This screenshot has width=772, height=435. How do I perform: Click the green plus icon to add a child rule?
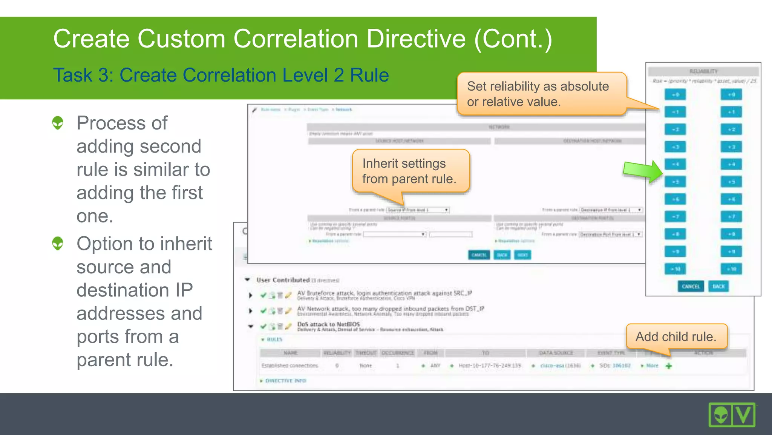(x=669, y=366)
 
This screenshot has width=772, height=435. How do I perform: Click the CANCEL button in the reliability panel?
(x=690, y=287)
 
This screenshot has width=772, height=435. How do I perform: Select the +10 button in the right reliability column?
(x=731, y=269)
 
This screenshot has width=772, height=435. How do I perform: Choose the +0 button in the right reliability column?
(x=731, y=95)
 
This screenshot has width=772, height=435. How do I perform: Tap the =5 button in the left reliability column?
(x=675, y=182)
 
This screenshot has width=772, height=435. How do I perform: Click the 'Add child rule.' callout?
(x=676, y=336)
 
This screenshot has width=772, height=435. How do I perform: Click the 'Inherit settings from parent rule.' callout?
(x=410, y=171)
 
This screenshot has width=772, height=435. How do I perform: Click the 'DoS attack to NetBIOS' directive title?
(x=328, y=324)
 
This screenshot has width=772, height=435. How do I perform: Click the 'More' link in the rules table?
(x=652, y=366)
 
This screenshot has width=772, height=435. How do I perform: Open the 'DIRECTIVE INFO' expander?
(x=285, y=381)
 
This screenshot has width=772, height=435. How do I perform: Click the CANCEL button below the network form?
(x=479, y=255)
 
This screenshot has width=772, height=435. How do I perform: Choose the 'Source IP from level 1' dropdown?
(x=418, y=210)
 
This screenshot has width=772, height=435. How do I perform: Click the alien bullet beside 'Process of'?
(x=58, y=123)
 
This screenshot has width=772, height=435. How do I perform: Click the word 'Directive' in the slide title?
(x=416, y=39)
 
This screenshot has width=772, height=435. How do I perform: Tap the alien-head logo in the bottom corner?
(x=720, y=415)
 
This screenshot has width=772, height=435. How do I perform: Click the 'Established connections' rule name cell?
(x=289, y=366)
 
